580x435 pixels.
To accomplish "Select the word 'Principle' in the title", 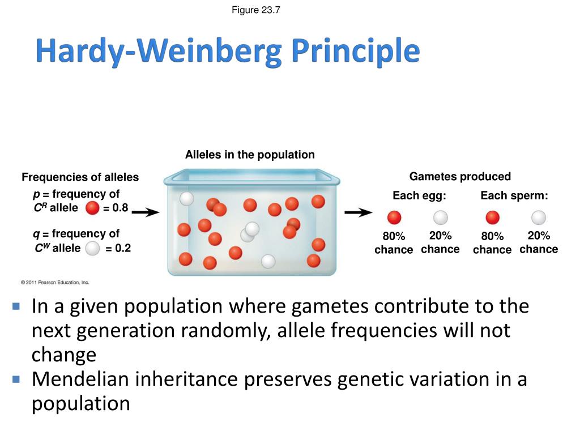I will [356, 53].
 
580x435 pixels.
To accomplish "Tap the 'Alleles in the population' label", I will [250, 155].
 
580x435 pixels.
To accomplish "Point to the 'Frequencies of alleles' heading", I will [80, 177].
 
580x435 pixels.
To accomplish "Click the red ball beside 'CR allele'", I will [92, 208].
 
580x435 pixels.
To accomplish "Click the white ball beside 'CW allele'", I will [92, 248].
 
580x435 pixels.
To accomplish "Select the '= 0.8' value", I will [116, 208].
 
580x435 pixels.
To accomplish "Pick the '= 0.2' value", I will [118, 248].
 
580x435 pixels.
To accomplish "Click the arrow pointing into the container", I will [149, 212].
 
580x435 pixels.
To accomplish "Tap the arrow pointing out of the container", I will [359, 212].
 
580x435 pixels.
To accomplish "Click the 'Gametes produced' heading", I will [460, 176].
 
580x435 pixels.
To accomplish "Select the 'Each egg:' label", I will [420, 196].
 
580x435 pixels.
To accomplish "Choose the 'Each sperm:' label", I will [514, 196].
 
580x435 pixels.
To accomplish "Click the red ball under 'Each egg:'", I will [394, 217].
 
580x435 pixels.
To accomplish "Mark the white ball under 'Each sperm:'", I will [539, 217].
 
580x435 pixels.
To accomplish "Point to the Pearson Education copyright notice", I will [55, 282].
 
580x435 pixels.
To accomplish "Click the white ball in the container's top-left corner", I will [186, 198].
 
